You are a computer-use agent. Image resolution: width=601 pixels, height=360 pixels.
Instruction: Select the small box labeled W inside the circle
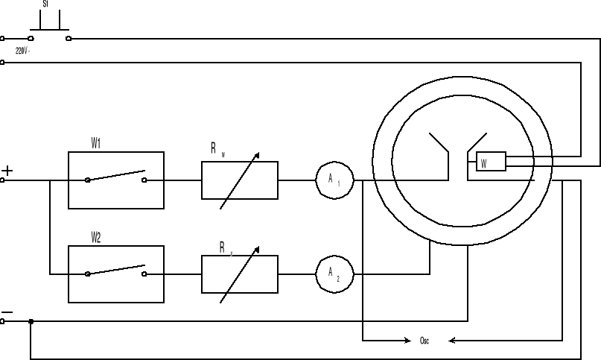pos(491,162)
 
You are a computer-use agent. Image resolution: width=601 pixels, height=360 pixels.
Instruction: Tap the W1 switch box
pos(115,180)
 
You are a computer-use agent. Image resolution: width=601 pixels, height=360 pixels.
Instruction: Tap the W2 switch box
pos(115,274)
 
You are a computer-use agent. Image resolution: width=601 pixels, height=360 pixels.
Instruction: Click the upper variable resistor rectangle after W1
pos(239,180)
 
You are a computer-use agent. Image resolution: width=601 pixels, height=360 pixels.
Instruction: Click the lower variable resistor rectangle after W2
pos(239,274)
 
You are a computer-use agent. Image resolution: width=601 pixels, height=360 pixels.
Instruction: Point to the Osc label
pos(424,341)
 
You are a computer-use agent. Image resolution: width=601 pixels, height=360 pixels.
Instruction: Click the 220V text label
pos(23,51)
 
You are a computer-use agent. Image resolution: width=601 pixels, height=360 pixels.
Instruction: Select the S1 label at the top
pos(47,4)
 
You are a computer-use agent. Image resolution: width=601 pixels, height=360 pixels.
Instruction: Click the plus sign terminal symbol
pos(7,171)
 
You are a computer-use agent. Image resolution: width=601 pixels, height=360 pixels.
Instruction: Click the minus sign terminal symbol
pos(7,312)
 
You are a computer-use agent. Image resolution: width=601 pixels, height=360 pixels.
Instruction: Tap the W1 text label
pos(97,143)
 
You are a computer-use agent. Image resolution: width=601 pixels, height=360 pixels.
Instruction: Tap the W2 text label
pos(97,237)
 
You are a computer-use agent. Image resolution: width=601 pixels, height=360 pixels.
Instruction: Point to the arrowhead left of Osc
pos(405,341)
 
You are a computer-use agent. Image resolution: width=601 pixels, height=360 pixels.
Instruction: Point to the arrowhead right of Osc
pos(452,341)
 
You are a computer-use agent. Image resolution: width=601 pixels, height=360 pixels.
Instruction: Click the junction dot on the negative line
pos(31,321)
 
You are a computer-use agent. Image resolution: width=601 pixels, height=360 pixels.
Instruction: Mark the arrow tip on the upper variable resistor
pos(258,154)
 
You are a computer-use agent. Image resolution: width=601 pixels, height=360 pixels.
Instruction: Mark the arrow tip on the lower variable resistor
pos(258,247)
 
